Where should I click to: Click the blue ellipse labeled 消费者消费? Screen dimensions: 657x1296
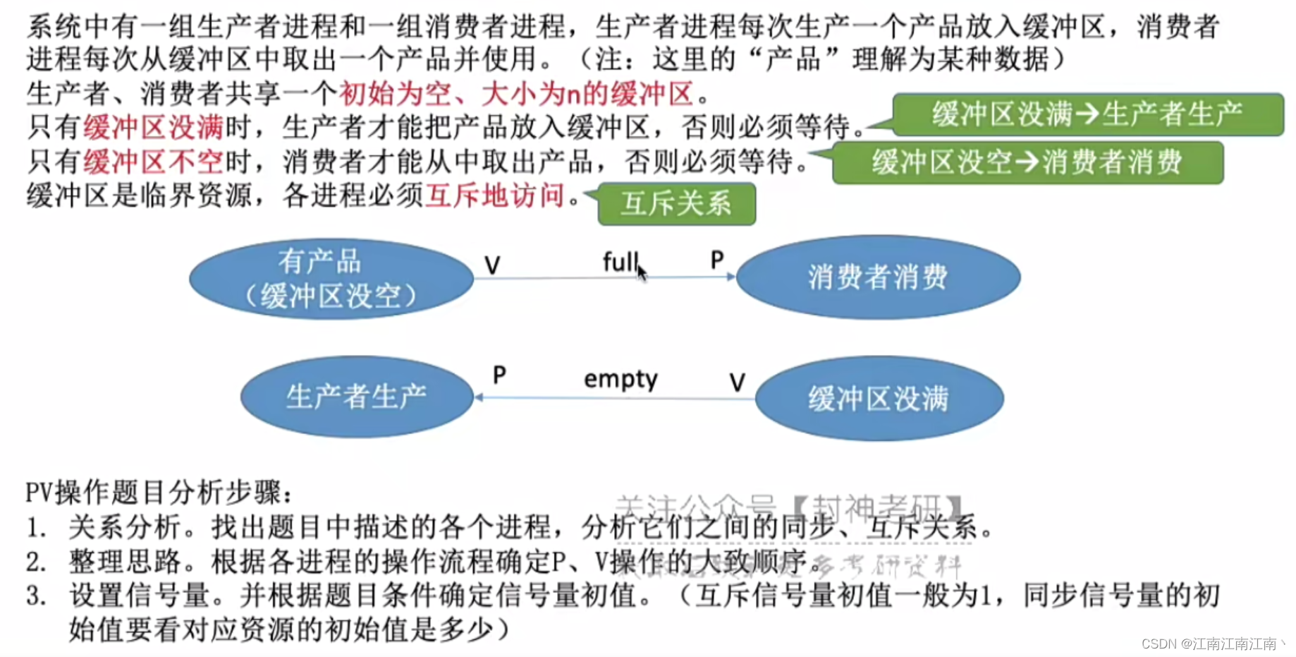pos(878,277)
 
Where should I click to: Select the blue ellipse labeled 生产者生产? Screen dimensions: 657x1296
pos(357,397)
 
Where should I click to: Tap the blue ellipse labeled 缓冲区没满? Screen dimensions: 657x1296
pos(879,399)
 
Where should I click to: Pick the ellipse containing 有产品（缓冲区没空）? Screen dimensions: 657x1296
pos(331,279)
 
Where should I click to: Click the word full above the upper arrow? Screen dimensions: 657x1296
pos(619,262)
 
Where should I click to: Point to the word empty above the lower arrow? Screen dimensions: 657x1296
pos(621,380)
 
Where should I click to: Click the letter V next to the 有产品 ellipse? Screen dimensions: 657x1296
pos(492,265)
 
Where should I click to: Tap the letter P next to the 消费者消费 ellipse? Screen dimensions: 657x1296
pos(717,260)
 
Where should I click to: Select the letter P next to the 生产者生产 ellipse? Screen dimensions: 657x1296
pos(499,375)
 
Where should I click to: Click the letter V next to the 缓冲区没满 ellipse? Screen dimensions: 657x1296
pos(737,382)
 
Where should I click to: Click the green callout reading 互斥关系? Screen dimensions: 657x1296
pos(676,204)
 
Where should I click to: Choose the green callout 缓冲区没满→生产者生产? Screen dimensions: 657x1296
pos(1087,114)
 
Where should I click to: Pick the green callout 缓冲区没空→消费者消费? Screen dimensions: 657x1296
pos(1027,162)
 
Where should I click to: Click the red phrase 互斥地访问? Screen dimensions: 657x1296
pos(495,195)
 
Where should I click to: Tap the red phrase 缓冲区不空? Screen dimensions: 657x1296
pos(153,162)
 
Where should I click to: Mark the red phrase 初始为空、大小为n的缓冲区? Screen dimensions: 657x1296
pos(516,93)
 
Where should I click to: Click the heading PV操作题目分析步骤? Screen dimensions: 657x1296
pos(158,492)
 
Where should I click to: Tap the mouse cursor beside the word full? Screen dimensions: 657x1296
pos(641,272)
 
